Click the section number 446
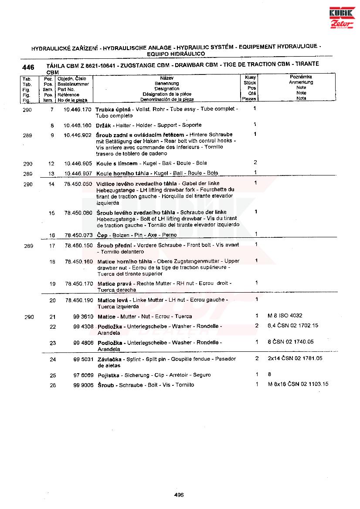[28, 67]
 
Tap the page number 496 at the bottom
[179, 495]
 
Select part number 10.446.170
[78, 109]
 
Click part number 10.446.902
[78, 135]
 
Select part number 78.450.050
[78, 184]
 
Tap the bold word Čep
[102, 235]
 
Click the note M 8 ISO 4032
[285, 316]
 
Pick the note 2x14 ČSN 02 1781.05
[295, 358]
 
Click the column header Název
[166, 78]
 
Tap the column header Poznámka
[301, 77]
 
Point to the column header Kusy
[251, 77]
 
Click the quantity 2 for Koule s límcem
[255, 162]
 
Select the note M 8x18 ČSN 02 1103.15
[298, 384]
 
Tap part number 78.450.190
[79, 300]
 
